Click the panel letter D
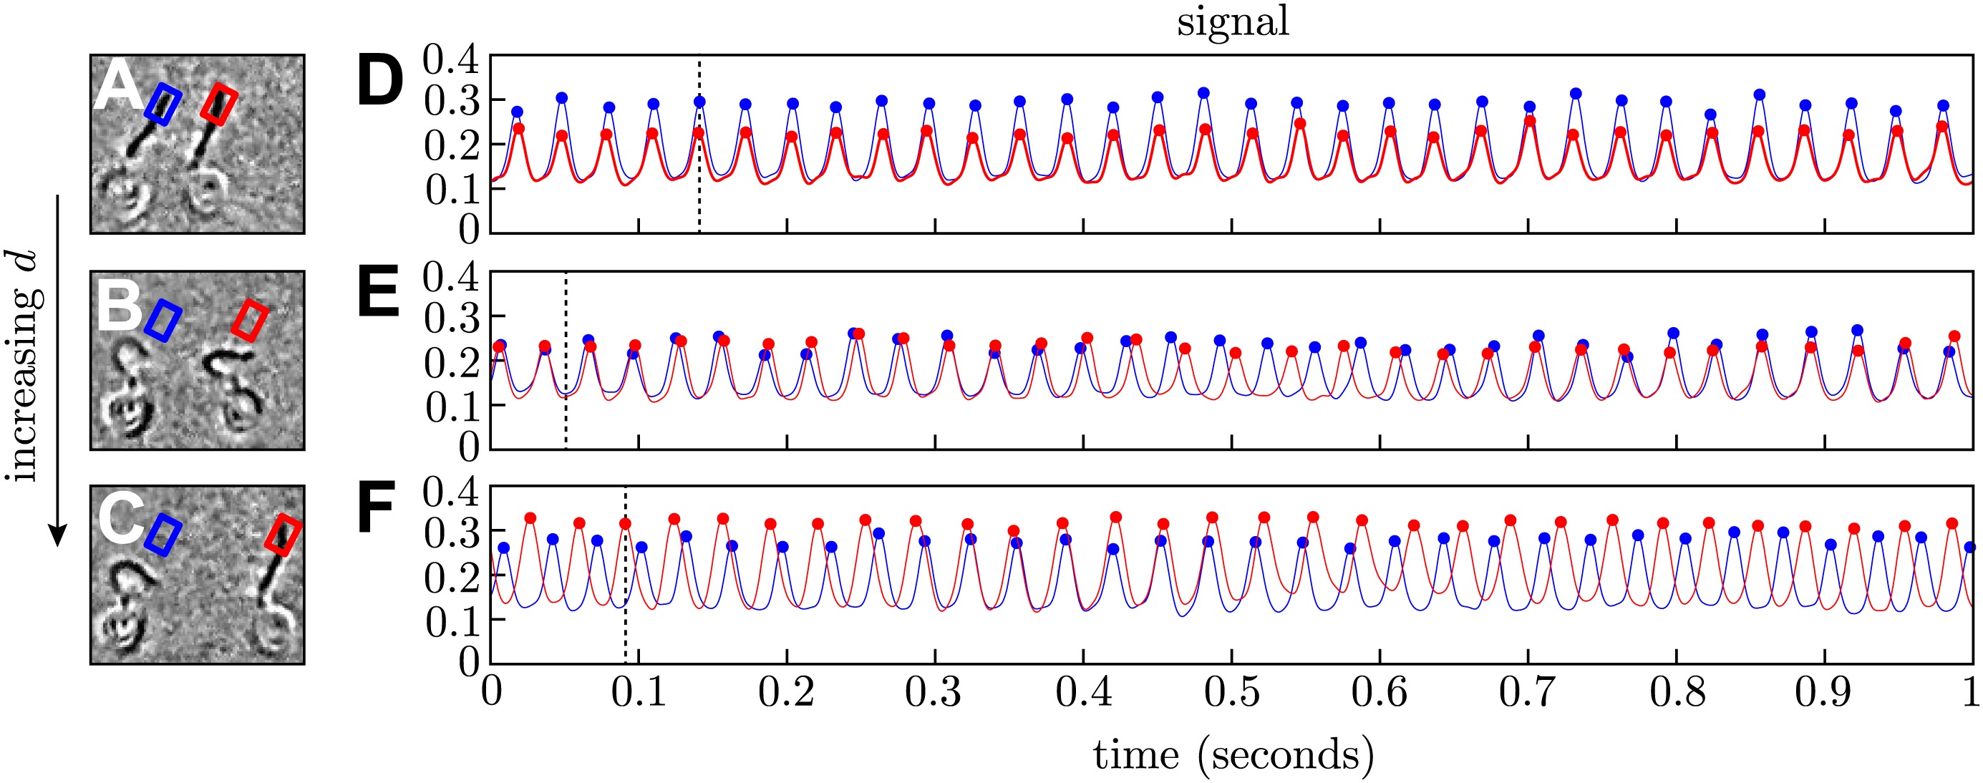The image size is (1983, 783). point(380,82)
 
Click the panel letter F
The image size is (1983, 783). point(377,507)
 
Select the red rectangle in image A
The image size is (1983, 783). point(218,104)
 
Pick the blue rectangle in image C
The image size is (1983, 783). point(163,535)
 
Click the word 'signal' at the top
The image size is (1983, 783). point(1233,21)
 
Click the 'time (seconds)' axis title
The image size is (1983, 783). point(1233,754)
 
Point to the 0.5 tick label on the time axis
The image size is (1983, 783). point(1231,692)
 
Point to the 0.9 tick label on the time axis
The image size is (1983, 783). point(1823,692)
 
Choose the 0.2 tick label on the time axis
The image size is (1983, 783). point(786,692)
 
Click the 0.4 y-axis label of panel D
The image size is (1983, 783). point(451,60)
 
